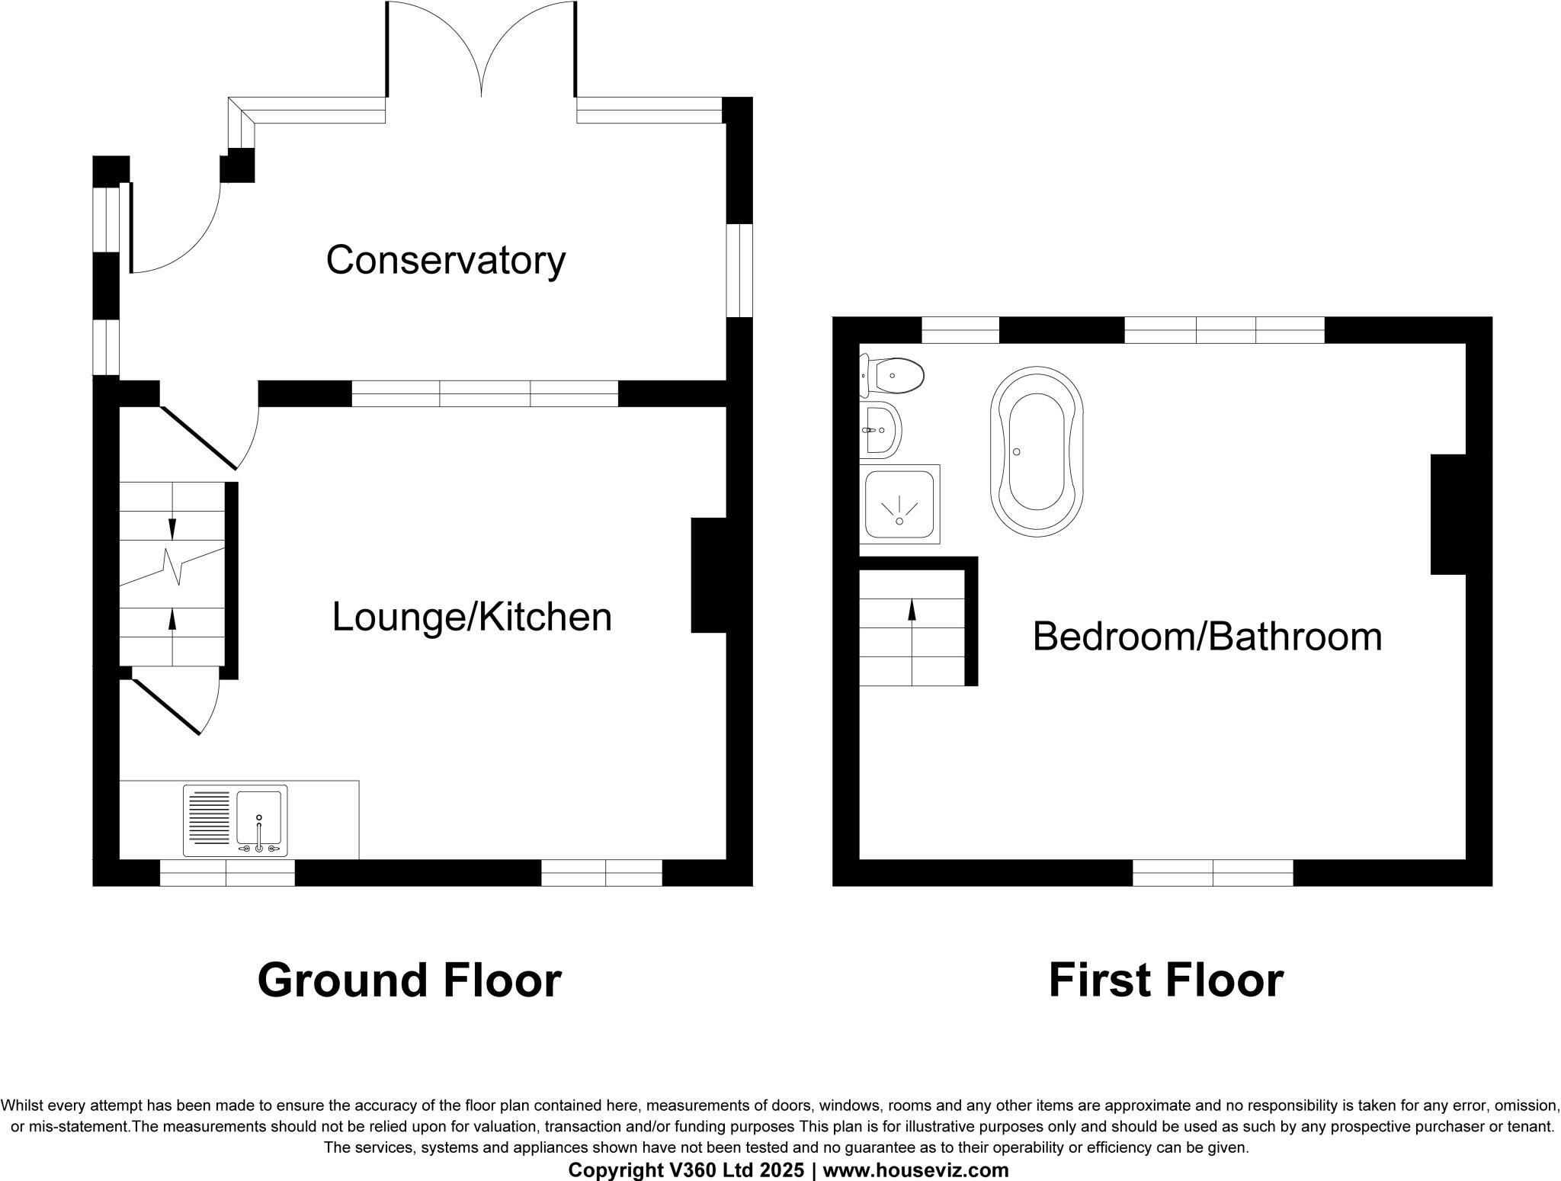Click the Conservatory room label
(446, 260)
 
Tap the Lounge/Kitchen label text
(472, 617)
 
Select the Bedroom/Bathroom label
(1207, 637)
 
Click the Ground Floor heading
(409, 980)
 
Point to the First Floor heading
(1165, 980)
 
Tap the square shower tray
(899, 504)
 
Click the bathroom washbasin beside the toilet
(882, 430)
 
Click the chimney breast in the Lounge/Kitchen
(709, 575)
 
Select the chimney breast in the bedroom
(1448, 514)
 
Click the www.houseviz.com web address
(915, 1170)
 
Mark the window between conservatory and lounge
(484, 393)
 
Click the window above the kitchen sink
(227, 873)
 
